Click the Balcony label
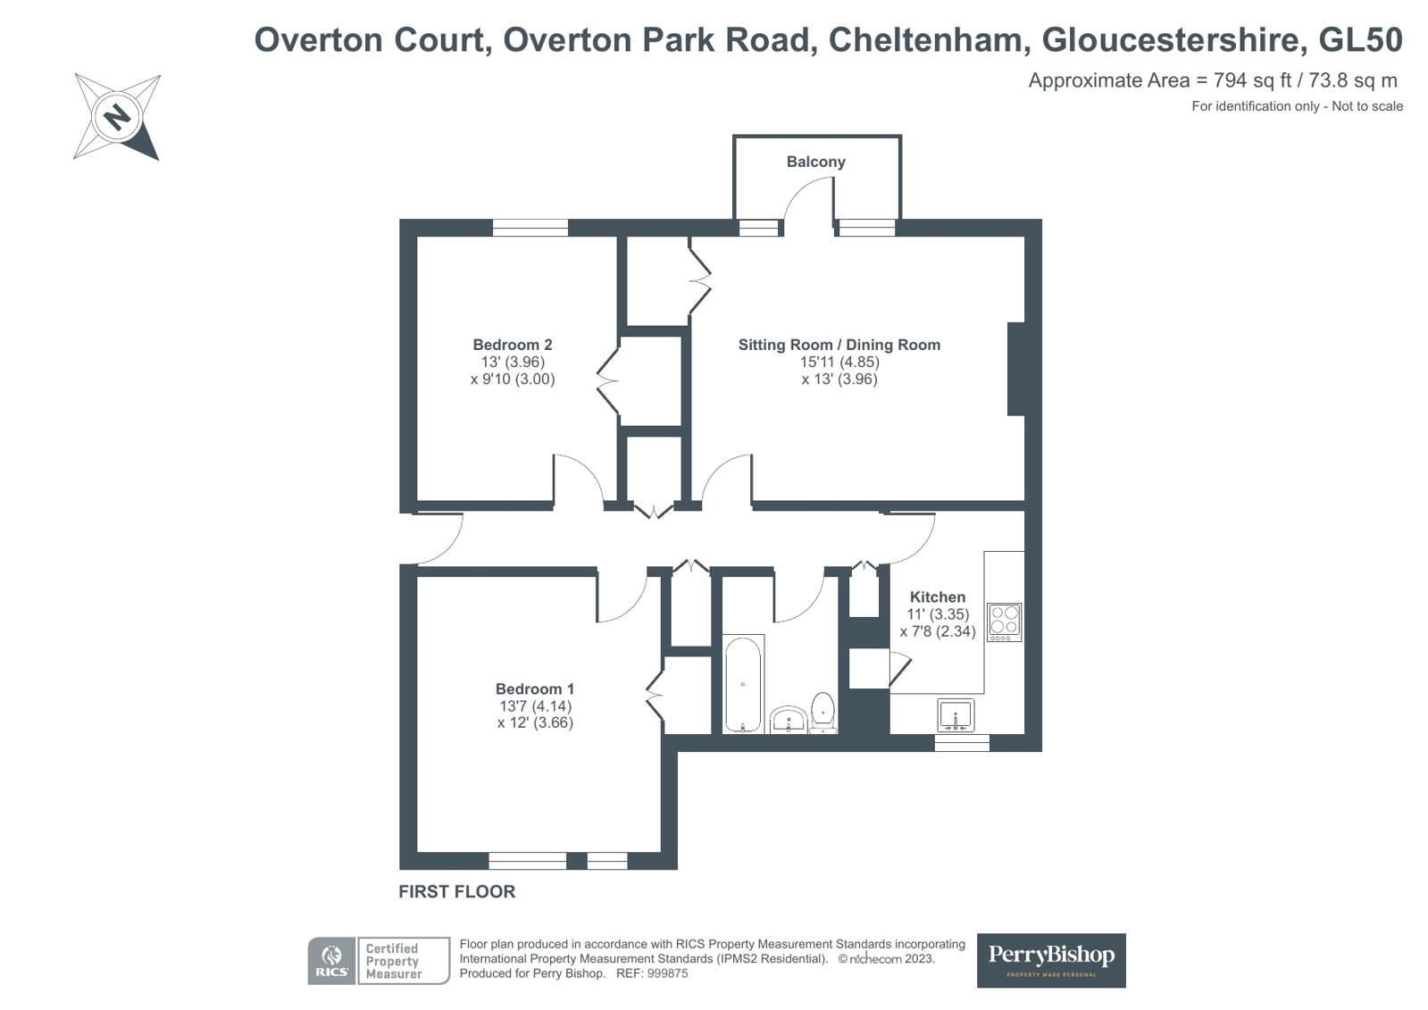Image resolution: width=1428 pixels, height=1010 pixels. tap(815, 162)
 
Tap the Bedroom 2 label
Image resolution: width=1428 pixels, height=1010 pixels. tap(513, 345)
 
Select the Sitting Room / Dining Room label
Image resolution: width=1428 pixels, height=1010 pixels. tap(839, 345)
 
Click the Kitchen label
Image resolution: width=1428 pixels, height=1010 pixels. tap(937, 597)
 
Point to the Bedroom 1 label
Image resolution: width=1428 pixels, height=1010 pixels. tap(535, 689)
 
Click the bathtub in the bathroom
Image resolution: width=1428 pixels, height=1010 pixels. tap(743, 684)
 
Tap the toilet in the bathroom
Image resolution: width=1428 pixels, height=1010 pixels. tap(823, 711)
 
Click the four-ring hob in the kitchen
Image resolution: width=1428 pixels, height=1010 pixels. tap(1005, 621)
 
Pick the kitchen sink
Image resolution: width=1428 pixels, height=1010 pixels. tap(956, 715)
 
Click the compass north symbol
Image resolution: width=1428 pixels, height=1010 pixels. tap(117, 117)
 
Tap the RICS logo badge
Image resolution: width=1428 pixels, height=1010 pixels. tap(331, 961)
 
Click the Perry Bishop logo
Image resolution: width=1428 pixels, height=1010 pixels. tap(1051, 960)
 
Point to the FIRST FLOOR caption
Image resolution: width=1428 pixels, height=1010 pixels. tap(456, 891)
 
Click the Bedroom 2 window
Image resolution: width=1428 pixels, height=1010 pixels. tap(530, 228)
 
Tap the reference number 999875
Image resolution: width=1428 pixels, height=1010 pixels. tap(666, 973)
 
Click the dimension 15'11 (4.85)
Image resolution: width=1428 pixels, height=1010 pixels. tap(839, 362)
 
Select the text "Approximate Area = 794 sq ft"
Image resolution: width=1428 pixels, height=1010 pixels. tap(1160, 80)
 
